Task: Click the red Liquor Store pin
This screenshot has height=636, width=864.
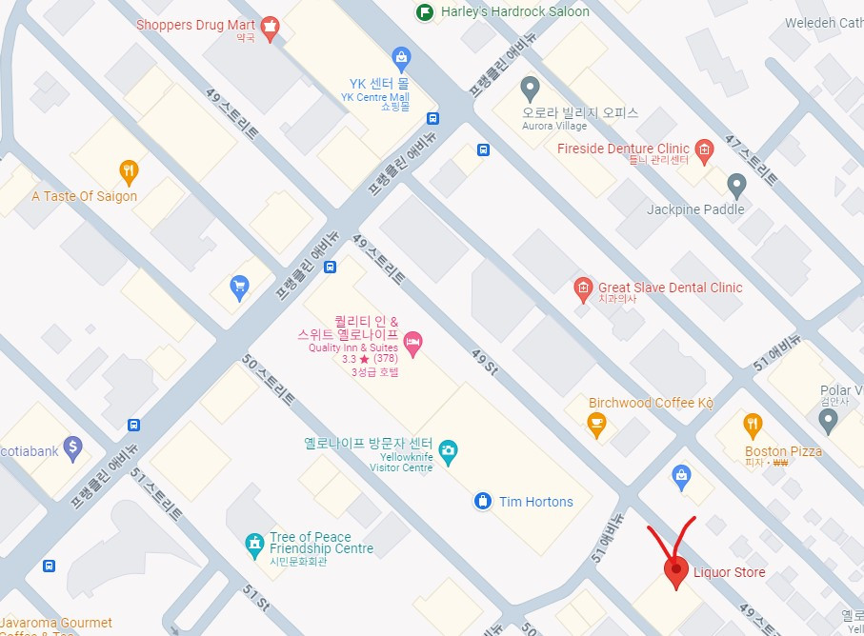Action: coord(675,570)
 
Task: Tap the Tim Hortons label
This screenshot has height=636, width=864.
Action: coord(536,502)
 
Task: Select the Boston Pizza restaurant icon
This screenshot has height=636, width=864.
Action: coord(753,425)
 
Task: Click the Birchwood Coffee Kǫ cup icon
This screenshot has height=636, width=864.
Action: coord(597,425)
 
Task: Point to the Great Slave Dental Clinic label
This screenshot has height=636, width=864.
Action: coord(670,288)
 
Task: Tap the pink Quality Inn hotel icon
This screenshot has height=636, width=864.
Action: coord(412,343)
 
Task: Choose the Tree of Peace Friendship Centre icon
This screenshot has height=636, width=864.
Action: coord(253,544)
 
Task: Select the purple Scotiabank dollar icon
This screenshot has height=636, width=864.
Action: coord(72,447)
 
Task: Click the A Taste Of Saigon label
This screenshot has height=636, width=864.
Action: coord(85,196)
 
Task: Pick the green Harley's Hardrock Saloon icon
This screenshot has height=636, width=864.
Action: coord(425,11)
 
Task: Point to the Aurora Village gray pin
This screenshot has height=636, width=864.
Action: coord(531,89)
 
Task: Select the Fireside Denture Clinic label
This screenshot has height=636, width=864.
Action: coord(623,149)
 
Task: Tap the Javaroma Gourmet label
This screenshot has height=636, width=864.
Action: coord(57,624)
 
